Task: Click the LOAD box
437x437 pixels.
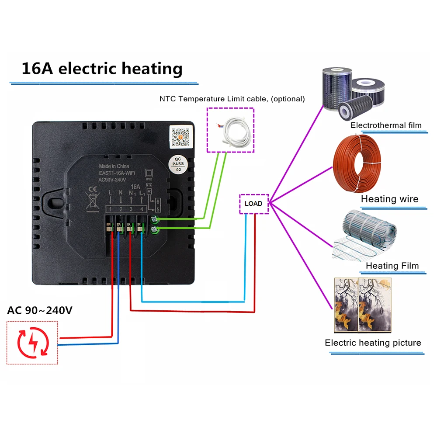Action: [x=253, y=204]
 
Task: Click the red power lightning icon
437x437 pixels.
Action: [x=32, y=343]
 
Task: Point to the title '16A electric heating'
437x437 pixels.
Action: [x=102, y=69]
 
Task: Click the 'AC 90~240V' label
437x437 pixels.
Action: [x=40, y=311]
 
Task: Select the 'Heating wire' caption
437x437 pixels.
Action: [x=389, y=199]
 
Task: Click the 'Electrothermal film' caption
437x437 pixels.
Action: [x=386, y=125]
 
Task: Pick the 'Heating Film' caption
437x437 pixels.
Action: [x=392, y=266]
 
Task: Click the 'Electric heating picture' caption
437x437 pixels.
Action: [x=373, y=343]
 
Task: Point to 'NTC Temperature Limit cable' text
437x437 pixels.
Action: [x=232, y=99]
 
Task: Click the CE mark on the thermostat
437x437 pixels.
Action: [x=93, y=189]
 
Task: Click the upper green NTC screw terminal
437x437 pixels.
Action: [x=154, y=219]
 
